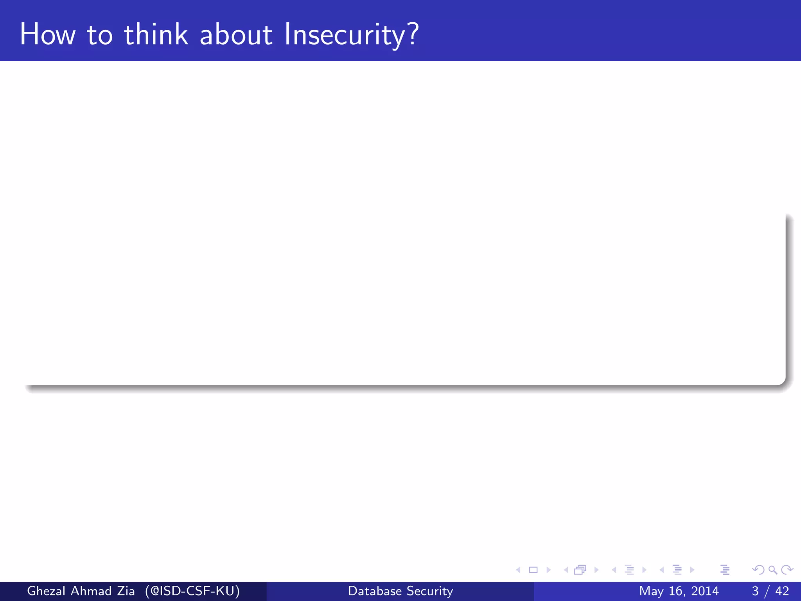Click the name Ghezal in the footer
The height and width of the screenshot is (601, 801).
pos(46,591)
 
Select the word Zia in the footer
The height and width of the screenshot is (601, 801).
pos(126,591)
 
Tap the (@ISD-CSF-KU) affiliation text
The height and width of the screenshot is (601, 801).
pos(192,591)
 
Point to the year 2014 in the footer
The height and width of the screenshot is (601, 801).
pos(704,591)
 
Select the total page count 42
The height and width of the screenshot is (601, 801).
pos(782,591)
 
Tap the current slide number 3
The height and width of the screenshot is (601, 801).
pos(755,591)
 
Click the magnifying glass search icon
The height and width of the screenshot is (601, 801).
pos(772,570)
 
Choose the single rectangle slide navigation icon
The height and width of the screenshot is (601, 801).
pos(533,570)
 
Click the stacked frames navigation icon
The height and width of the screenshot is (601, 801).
pos(580,570)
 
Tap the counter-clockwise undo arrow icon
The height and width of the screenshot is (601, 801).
pos(758,570)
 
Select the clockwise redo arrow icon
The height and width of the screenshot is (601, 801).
pos(787,570)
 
